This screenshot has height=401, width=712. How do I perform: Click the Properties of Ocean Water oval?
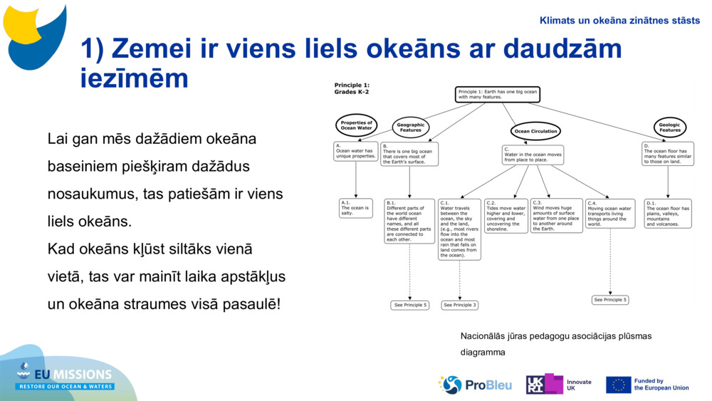[x=356, y=125]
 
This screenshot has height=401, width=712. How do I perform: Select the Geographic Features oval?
[x=411, y=127]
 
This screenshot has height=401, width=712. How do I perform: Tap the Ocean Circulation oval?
[x=535, y=131]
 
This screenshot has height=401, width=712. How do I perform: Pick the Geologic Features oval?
[x=669, y=127]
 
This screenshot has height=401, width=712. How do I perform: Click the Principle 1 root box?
[x=498, y=95]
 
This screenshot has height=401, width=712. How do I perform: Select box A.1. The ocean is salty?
[x=355, y=208]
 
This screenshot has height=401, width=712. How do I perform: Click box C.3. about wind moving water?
[x=556, y=215]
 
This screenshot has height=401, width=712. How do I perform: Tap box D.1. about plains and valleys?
[x=668, y=213]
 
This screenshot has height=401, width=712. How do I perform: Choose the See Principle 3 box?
[x=459, y=305]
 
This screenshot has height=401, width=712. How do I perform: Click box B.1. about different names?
[x=409, y=221]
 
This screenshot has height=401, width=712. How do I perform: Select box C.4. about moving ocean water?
[x=610, y=214]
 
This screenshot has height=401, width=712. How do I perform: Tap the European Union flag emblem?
[x=618, y=385]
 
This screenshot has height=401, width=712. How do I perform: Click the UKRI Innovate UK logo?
[x=559, y=385]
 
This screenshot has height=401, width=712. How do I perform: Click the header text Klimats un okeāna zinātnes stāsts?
[x=619, y=21]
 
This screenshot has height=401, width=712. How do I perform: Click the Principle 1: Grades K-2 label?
[x=352, y=88]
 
